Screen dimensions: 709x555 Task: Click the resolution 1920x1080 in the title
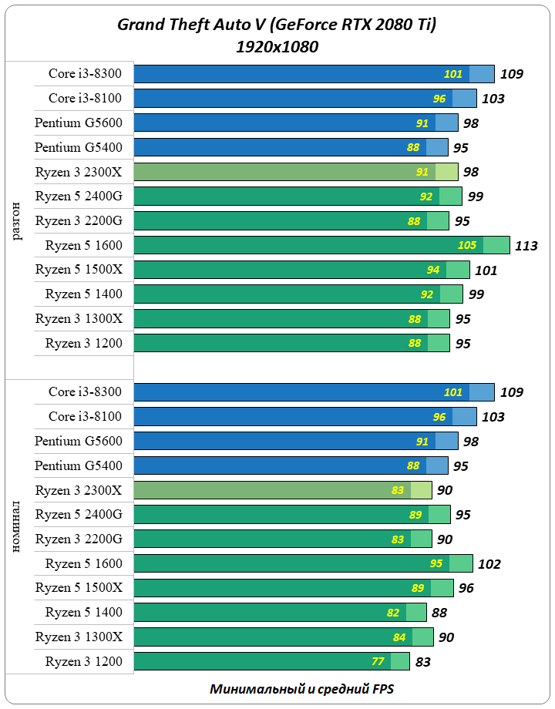click(277, 47)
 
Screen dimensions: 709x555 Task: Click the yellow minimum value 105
click(467, 246)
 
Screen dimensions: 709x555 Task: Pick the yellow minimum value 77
click(378, 661)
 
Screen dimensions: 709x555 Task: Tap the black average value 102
click(489, 564)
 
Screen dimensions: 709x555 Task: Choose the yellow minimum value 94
click(433, 270)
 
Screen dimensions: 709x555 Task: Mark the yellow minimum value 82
click(393, 613)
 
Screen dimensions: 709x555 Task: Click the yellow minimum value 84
click(399, 637)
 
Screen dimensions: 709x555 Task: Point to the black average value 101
click(486, 270)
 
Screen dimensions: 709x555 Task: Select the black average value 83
click(422, 662)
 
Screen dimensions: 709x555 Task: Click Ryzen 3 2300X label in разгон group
click(79, 171)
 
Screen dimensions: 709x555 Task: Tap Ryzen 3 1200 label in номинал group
click(83, 661)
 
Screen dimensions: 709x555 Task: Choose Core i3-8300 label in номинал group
click(85, 391)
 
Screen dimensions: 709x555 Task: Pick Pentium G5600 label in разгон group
click(79, 123)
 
